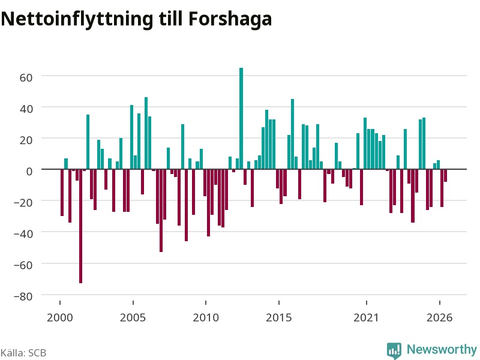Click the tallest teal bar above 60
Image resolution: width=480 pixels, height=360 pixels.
click(x=241, y=118)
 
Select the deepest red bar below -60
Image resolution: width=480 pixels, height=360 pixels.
click(x=81, y=226)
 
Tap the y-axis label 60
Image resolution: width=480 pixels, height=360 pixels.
click(x=26, y=77)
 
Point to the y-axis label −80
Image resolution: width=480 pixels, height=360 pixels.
click(x=23, y=296)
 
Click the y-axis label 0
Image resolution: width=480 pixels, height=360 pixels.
click(x=29, y=172)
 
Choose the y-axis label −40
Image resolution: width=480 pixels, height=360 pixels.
click(x=23, y=234)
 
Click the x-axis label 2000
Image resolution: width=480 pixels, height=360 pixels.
click(x=59, y=317)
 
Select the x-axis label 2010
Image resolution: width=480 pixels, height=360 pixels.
click(x=206, y=317)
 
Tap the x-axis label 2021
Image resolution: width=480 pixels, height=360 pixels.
click(x=366, y=317)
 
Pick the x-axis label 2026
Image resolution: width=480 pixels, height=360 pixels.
click(x=439, y=317)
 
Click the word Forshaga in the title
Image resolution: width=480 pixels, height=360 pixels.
click(x=230, y=19)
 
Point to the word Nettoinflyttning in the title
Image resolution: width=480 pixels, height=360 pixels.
click(x=77, y=19)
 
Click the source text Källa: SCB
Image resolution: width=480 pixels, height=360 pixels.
click(x=23, y=353)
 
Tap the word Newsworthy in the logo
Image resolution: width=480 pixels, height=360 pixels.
click(x=442, y=349)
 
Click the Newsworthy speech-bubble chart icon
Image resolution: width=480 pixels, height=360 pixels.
click(x=394, y=350)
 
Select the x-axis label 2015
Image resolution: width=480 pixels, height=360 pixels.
click(x=278, y=317)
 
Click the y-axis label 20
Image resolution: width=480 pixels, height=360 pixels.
click(x=26, y=140)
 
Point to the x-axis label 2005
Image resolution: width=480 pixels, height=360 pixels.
click(x=133, y=317)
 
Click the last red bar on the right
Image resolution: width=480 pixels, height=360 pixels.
click(x=445, y=175)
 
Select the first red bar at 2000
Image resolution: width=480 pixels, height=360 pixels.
click(x=62, y=193)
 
